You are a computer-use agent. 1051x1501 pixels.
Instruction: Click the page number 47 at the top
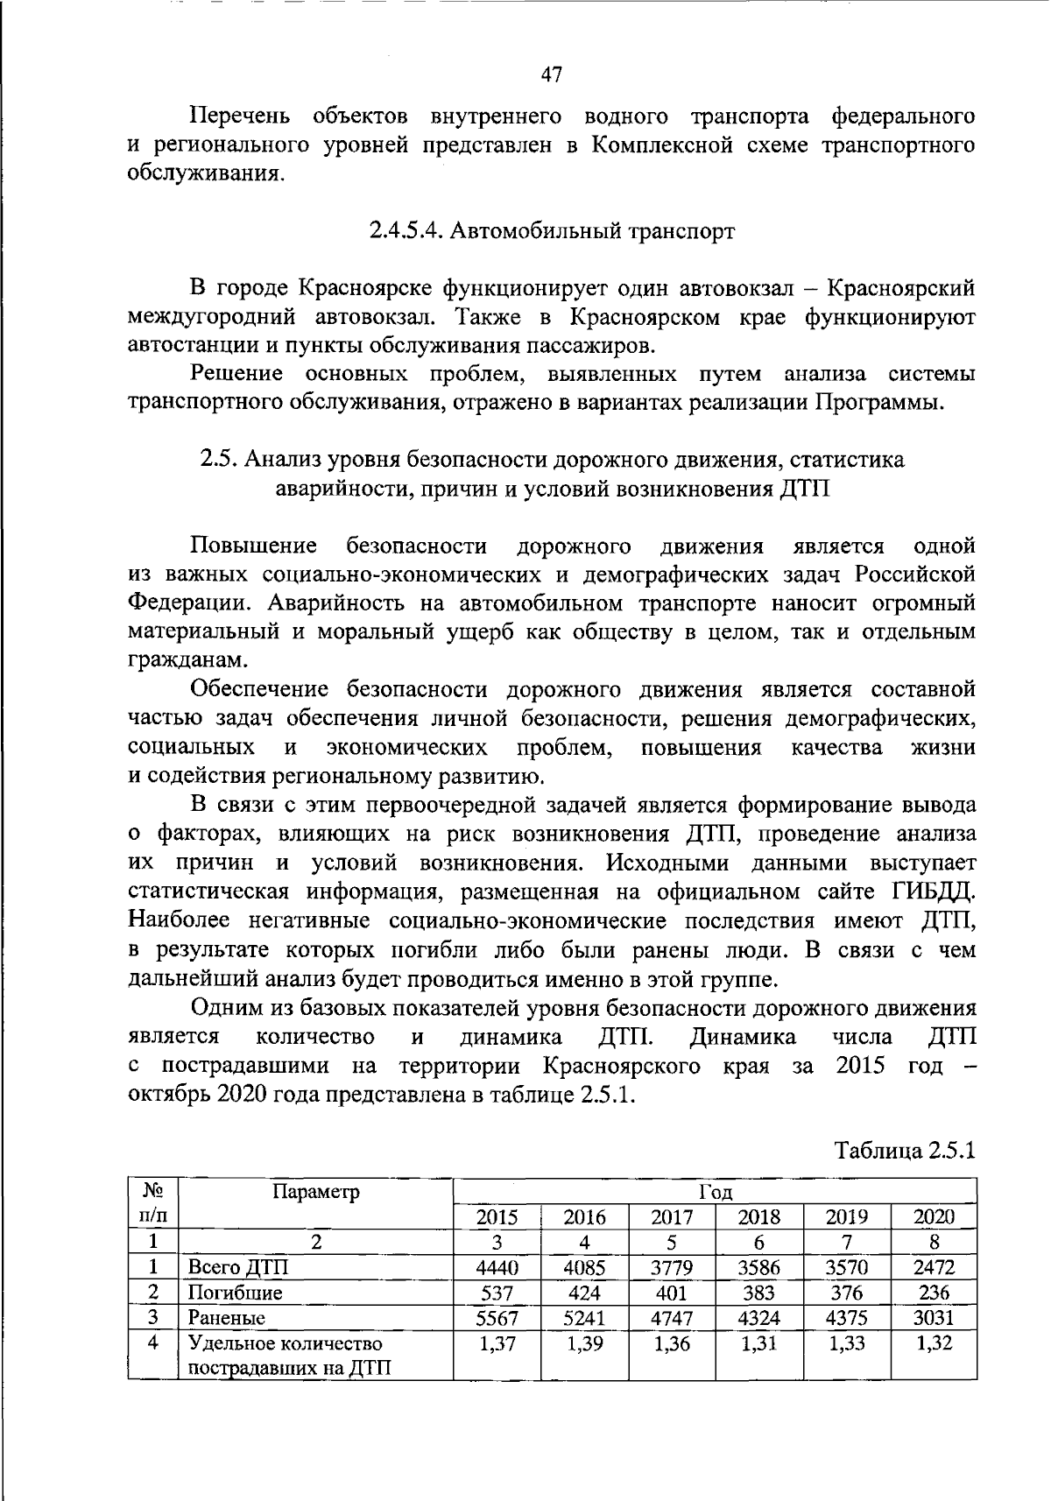[551, 74]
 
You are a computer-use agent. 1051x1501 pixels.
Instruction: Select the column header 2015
[497, 1216]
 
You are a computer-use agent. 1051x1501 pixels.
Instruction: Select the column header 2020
[934, 1216]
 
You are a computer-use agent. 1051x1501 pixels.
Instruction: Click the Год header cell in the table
[715, 1192]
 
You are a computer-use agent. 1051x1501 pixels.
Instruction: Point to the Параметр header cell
[316, 1192]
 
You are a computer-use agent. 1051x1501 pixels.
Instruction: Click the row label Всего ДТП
[237, 1267]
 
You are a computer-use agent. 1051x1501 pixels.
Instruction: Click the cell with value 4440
[497, 1267]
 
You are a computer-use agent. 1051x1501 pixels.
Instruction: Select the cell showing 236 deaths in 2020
[934, 1293]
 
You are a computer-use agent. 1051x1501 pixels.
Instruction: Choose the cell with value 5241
[584, 1317]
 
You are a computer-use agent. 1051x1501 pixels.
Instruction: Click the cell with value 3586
[758, 1267]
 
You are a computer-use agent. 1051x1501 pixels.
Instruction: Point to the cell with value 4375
[846, 1317]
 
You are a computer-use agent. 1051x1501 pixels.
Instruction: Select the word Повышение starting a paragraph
[254, 546]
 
